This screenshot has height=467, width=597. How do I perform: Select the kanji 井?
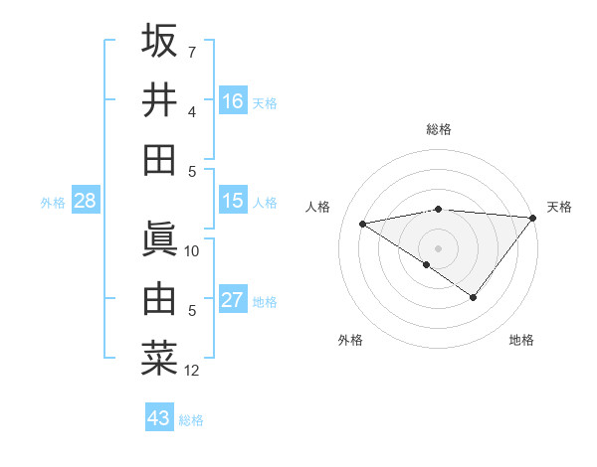159,99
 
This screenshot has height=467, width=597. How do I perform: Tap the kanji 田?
159,159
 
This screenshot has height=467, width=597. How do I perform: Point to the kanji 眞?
159,238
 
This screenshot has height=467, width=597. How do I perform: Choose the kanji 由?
159,298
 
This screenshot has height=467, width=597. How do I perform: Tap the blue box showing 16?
233,101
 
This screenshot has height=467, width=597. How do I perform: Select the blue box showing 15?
233,201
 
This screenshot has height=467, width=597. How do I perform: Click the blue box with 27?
233,300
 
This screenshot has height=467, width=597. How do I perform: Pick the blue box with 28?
86,201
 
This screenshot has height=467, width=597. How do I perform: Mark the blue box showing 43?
159,418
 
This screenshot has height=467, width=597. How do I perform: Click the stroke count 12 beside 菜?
192,372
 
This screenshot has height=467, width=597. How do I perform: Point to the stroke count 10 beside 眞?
192,250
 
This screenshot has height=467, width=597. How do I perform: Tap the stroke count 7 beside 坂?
192,52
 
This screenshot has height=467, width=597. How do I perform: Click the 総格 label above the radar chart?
439,129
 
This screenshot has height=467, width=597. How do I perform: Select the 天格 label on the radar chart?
559,207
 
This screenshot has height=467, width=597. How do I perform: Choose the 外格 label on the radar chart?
350,340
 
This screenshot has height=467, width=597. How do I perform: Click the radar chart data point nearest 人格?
363,223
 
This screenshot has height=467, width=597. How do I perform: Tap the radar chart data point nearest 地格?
474,297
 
